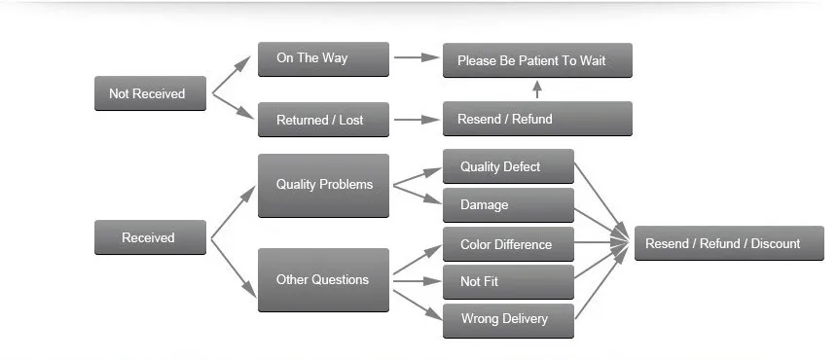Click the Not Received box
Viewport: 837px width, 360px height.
(x=150, y=93)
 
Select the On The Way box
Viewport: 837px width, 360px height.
(x=323, y=59)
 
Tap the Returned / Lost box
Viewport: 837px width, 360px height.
(x=323, y=120)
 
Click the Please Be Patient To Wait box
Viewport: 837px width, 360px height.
(x=537, y=60)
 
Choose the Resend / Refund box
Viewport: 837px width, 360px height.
(x=537, y=119)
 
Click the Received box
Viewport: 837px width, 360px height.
(x=150, y=237)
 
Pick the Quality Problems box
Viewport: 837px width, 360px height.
(x=323, y=186)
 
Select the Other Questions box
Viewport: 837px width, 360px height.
(x=323, y=280)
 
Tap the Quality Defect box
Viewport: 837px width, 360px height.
(x=508, y=166)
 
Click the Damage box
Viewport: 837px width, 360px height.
(x=508, y=204)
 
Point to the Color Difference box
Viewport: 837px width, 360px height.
(x=508, y=244)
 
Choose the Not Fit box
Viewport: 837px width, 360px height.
(x=508, y=281)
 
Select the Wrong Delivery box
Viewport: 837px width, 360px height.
(x=508, y=320)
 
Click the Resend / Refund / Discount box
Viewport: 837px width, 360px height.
(x=729, y=243)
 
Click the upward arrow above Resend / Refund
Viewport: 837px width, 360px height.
(x=537, y=90)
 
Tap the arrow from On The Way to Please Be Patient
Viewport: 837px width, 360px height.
(x=417, y=57)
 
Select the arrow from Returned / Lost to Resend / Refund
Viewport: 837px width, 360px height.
(x=417, y=120)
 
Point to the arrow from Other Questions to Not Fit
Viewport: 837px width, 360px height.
(x=417, y=280)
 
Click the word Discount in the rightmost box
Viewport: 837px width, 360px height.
(x=776, y=244)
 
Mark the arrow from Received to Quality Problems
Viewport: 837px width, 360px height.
(x=234, y=212)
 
